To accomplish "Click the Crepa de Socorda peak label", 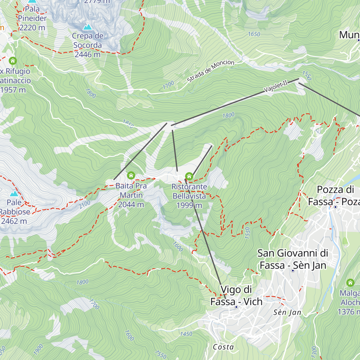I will coord(88,45).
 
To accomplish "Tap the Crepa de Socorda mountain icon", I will coord(88,27).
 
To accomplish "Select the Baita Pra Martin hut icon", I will coord(131,175).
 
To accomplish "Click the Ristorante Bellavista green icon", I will coord(189,176).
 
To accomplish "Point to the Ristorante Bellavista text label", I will coord(189,196).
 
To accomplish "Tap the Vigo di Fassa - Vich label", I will coord(236,295).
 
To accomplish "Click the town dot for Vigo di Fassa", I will coord(236,307).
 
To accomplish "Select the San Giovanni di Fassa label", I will coord(292,259).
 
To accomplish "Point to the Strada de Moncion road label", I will coord(211,71).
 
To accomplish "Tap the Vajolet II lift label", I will coord(275,86).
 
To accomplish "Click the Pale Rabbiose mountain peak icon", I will coord(14,193).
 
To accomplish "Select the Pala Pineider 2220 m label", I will coord(32,18).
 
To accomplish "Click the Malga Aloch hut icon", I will coord(350,283).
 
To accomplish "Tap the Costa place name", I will coord(223,347).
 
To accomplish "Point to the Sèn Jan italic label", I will coord(287,313).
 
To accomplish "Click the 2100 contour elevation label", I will coord(85,205).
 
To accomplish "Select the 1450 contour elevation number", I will coord(186,334).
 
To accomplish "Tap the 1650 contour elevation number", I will coord(254,34).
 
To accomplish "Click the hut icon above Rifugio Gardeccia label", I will coord(13,61).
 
